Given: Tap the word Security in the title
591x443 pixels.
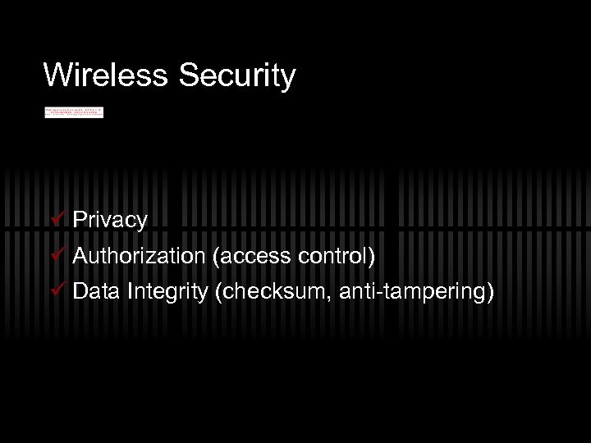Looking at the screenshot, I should point(236,75).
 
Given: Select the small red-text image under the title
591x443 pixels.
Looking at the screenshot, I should point(74,112).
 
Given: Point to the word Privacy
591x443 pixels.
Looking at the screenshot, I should point(110,220).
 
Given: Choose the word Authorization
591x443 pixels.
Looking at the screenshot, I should point(139,256).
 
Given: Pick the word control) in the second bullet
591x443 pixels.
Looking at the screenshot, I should point(337,256).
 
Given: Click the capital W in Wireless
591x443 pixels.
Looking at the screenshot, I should point(57,75).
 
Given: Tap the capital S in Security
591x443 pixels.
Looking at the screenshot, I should point(186,75).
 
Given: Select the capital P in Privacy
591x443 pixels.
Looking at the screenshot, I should point(80,219).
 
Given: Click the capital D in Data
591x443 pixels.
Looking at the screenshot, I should point(80,291).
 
